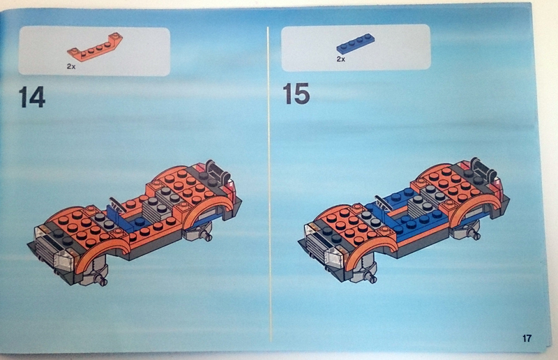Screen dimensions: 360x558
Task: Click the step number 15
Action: click(296, 92)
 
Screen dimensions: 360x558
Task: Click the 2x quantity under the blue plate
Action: click(340, 60)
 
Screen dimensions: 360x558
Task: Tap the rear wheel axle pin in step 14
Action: click(207, 237)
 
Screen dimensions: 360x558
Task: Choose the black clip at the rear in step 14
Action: click(215, 167)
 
